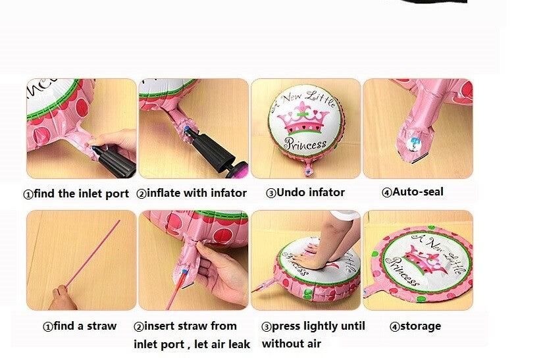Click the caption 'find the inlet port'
(82, 193)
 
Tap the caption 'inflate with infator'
(197, 193)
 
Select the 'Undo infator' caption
(311, 192)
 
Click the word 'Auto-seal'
(418, 192)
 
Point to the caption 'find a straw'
(85, 326)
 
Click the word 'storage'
(421, 326)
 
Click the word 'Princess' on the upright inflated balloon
(305, 143)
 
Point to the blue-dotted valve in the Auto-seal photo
(414, 142)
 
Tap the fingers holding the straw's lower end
(63, 297)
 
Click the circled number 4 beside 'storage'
(394, 327)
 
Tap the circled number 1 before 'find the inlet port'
(28, 194)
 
